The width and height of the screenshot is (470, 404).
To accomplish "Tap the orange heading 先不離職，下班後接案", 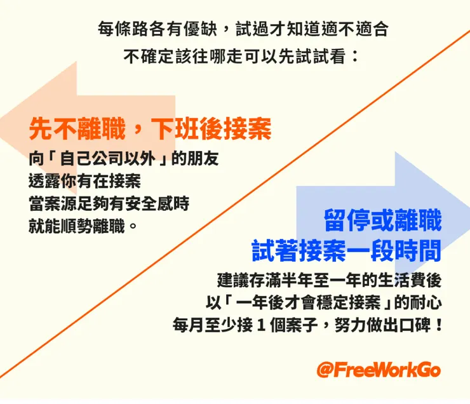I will tap(151, 130).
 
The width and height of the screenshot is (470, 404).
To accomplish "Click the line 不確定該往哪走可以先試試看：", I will tap(241, 56).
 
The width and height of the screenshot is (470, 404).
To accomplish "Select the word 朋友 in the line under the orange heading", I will tap(204, 159).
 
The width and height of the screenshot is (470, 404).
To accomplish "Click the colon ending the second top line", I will tap(354, 56).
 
